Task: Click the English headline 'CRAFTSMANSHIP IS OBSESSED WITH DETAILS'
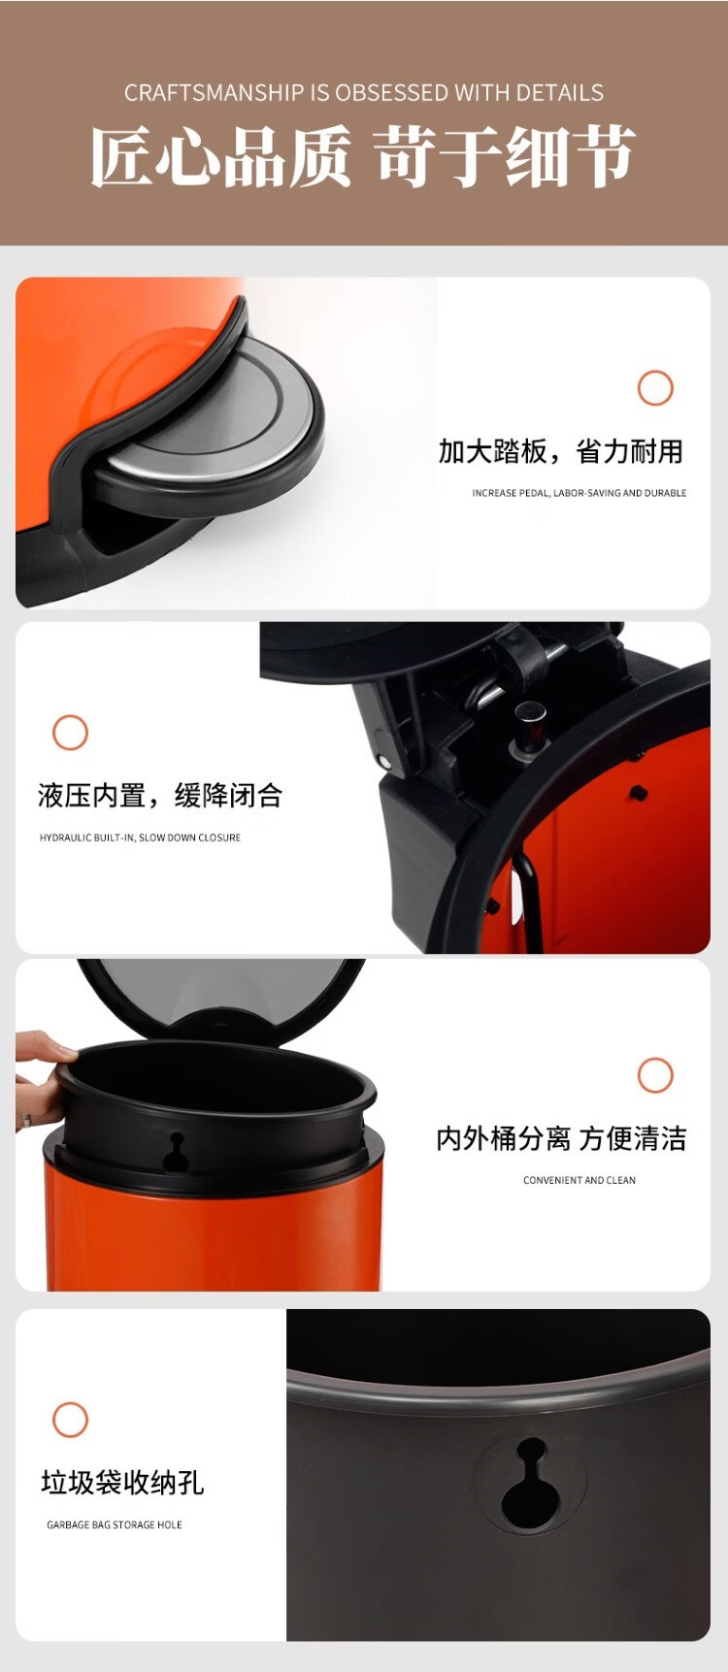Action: pyautogui.click(x=364, y=93)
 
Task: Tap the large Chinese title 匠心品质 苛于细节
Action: pyautogui.click(x=363, y=155)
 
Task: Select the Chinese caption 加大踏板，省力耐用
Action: pyautogui.click(x=561, y=451)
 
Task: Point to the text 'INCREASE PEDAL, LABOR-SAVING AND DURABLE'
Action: pyautogui.click(x=579, y=493)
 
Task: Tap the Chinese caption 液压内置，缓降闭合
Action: pyautogui.click(x=160, y=796)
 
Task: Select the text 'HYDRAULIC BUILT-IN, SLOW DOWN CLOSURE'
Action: pyautogui.click(x=140, y=837)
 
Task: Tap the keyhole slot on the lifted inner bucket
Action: pyautogui.click(x=176, y=1154)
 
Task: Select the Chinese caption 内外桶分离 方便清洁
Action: pyautogui.click(x=561, y=1138)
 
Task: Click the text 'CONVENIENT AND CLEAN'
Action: pyautogui.click(x=579, y=1180)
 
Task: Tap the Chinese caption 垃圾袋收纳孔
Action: pyautogui.click(x=122, y=1483)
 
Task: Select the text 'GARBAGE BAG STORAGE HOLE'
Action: pyautogui.click(x=115, y=1524)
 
